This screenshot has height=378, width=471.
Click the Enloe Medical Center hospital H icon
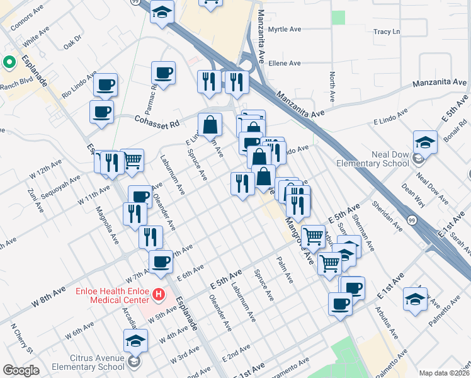pos(159,294)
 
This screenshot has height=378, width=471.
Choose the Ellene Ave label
pos(285,63)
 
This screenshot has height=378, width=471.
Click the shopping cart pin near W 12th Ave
pos(132,161)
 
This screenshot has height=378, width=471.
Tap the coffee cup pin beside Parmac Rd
pos(164,72)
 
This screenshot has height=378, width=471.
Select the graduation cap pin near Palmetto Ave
pos(415,299)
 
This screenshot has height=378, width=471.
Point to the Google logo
pos(21,370)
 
